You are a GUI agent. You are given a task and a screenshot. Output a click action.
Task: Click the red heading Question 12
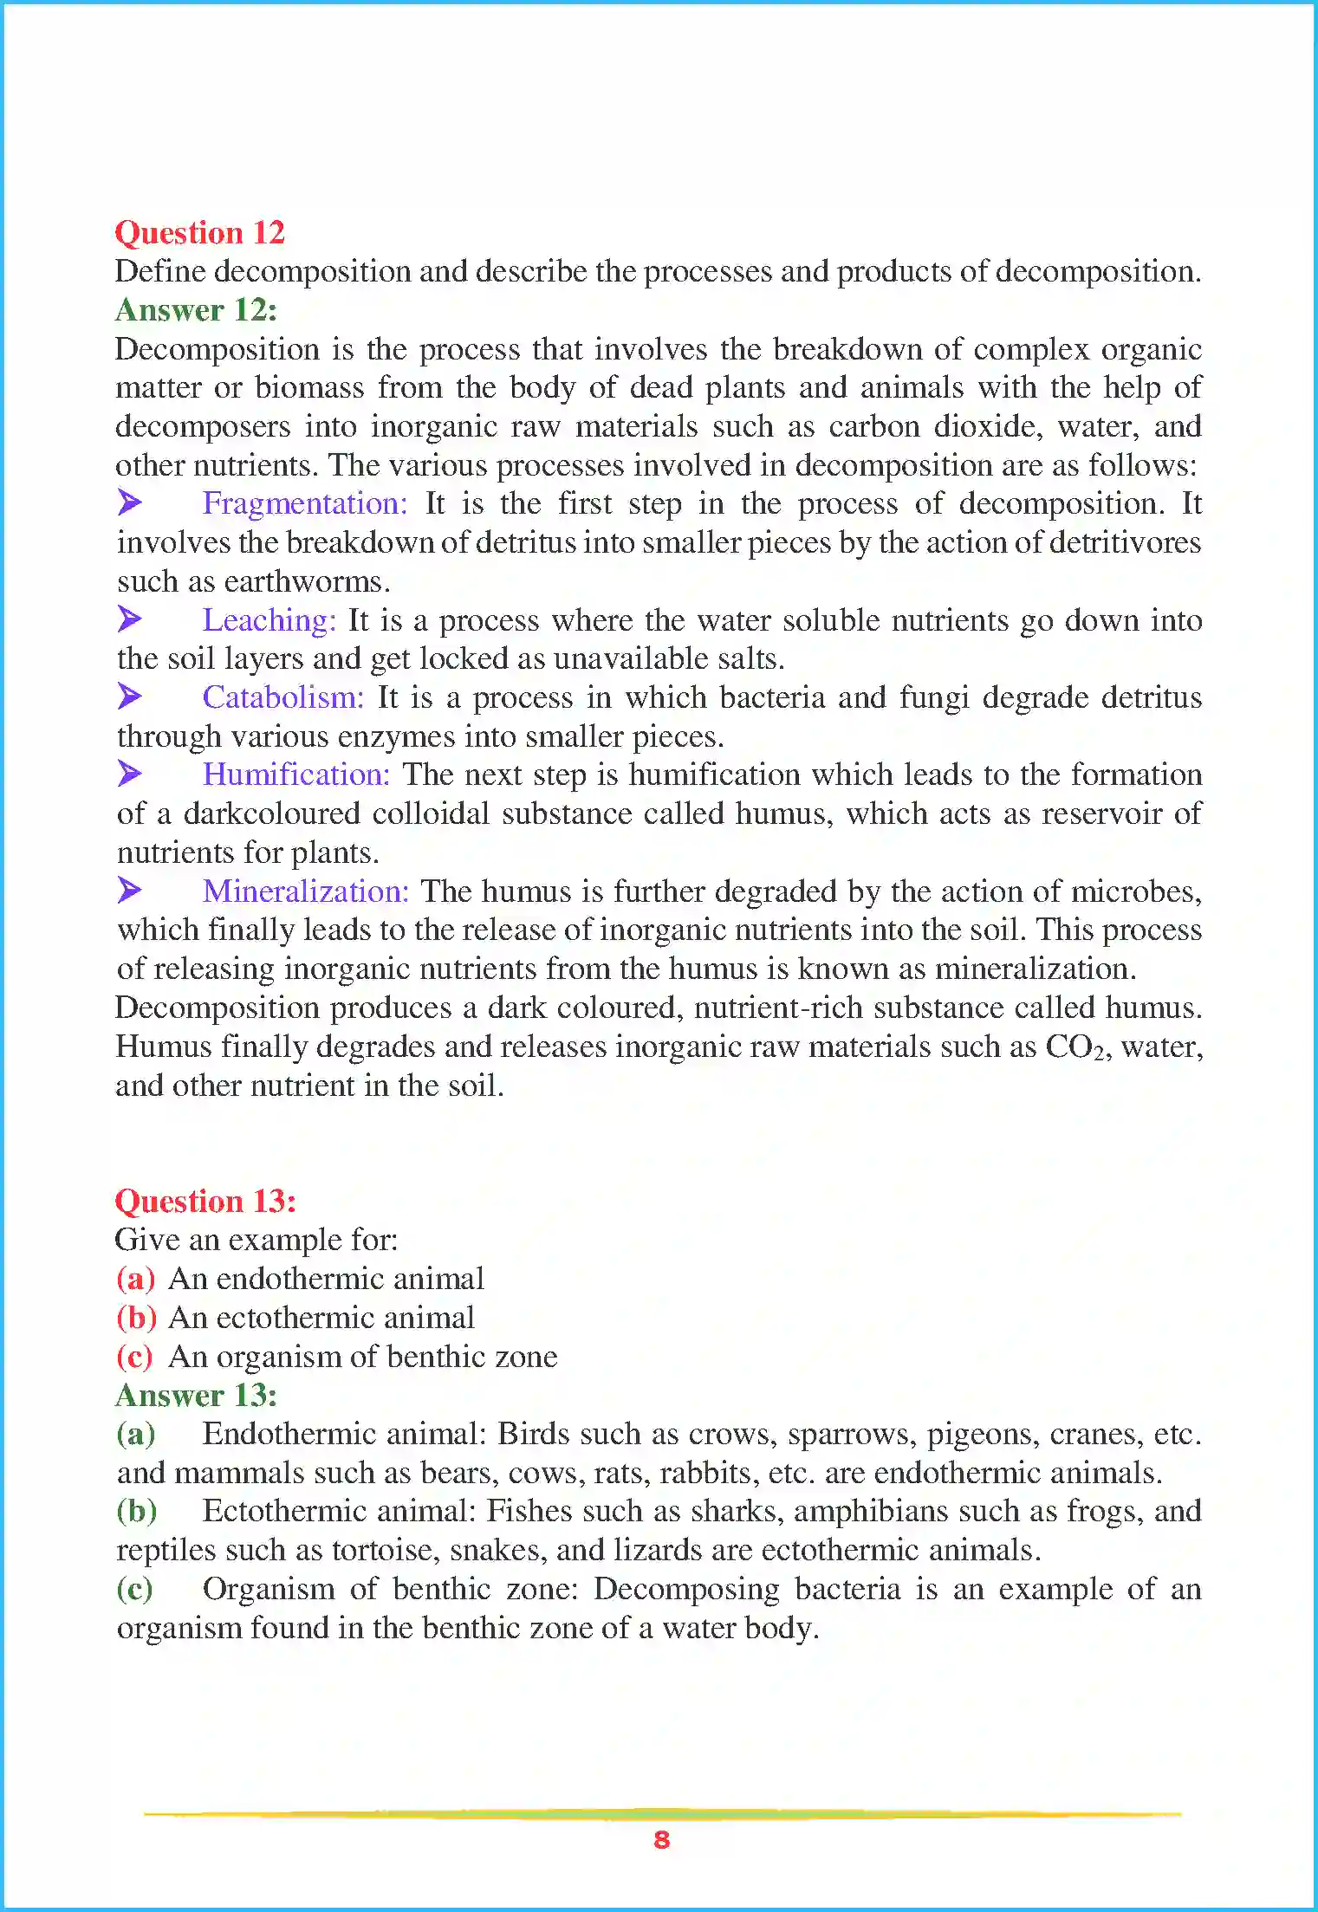(199, 232)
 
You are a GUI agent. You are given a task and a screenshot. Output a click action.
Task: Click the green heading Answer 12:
(196, 310)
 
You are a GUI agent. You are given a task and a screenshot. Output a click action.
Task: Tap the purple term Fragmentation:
(304, 503)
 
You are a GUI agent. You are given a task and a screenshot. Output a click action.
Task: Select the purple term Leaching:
(269, 619)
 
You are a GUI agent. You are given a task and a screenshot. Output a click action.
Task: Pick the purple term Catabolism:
(283, 697)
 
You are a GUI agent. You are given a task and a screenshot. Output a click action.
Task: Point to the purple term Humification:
(296, 775)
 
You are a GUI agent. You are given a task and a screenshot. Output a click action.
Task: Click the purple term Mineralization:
(305, 891)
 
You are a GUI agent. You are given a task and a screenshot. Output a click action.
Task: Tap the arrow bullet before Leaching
(130, 619)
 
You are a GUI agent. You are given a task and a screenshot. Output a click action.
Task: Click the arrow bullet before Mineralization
(130, 890)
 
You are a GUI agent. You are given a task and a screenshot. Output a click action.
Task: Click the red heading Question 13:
(205, 1201)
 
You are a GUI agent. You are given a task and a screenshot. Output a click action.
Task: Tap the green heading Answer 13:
(196, 1395)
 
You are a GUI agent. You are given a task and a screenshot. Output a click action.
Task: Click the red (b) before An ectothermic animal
(136, 1318)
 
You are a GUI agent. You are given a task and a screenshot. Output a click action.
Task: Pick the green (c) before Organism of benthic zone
(134, 1589)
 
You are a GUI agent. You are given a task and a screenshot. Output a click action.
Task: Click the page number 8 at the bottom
(661, 1840)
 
